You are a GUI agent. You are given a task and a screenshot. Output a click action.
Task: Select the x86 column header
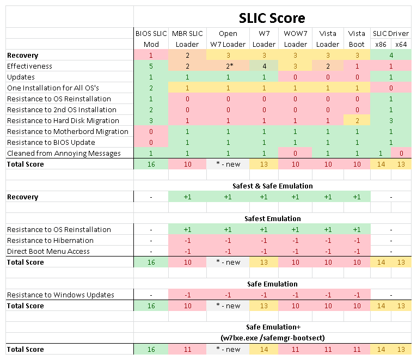coord(381,44)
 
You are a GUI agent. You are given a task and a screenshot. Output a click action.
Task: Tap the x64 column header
coord(401,44)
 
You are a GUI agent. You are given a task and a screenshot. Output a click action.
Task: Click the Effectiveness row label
coord(29,66)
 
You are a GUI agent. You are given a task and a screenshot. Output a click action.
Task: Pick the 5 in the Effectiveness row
coord(151,66)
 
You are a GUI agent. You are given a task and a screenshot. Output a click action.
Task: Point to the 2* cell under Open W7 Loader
coord(228,66)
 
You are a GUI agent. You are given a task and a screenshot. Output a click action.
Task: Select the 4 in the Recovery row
coord(391,55)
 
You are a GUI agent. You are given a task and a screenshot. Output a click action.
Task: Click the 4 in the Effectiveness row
coord(264,66)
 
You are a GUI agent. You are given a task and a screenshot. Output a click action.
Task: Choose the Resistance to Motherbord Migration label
coord(68,131)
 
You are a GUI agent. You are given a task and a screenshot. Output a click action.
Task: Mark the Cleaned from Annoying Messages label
coord(64,153)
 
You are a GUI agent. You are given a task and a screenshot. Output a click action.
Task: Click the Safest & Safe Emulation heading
coord(272,186)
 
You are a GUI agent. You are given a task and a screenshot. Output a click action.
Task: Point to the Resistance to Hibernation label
coord(50,240)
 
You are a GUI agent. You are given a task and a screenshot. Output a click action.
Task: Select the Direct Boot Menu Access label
coord(48,251)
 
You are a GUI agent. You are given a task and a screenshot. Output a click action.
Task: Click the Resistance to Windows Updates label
coord(60,295)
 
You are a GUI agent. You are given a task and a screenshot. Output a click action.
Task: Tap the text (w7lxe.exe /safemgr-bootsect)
coord(272,338)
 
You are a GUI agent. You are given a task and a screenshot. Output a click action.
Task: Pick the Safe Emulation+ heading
coord(272,327)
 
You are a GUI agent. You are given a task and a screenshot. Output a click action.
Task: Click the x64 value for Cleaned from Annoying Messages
coord(401,153)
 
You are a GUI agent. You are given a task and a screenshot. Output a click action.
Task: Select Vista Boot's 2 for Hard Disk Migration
coord(357,120)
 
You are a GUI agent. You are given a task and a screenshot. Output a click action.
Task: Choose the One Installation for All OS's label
coord(53,88)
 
